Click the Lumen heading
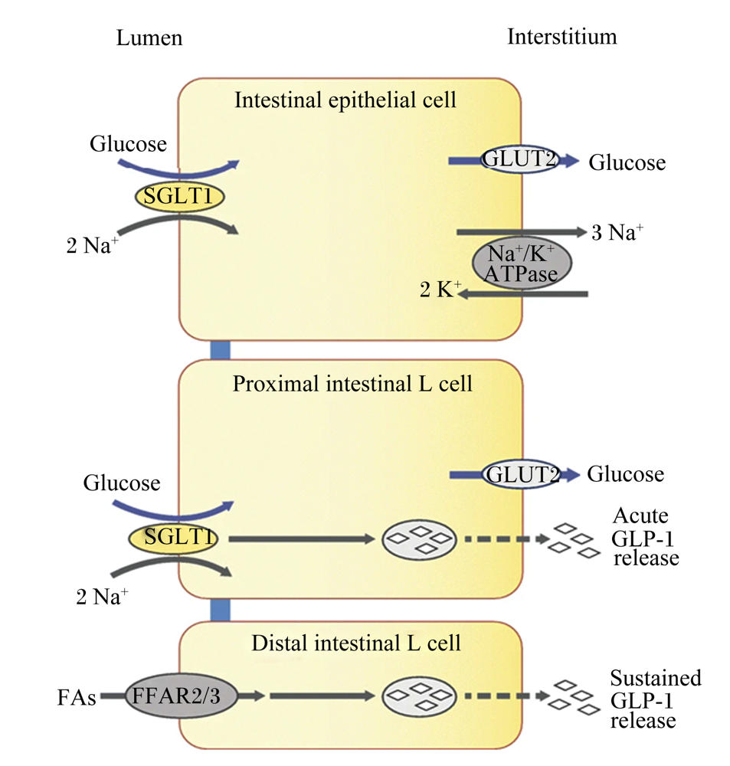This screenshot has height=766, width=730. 149,38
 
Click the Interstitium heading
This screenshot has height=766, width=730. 562,37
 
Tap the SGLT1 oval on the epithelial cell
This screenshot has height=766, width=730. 179,196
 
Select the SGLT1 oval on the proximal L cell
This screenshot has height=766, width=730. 173,538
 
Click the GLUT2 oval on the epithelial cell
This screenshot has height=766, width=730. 519,159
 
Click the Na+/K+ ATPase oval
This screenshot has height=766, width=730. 522,264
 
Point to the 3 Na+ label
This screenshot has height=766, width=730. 617,233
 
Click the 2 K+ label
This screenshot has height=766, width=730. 440,290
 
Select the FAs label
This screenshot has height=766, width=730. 77,697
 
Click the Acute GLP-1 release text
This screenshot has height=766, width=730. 645,536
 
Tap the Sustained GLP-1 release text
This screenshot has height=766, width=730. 656,699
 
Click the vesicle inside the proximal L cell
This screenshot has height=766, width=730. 419,540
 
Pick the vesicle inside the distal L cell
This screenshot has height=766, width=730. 419,696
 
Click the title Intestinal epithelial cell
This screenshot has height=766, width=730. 345,100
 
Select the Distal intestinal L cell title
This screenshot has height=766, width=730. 355,643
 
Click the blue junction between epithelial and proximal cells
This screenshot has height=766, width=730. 220,350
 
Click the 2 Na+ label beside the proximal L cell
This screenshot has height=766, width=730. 102,597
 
